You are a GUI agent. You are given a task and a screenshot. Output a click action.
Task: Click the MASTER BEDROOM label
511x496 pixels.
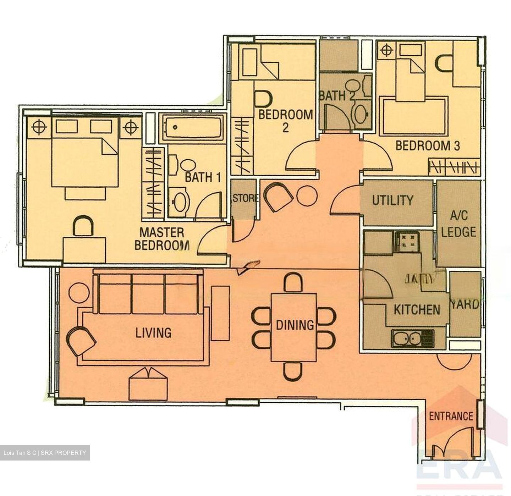(x=161, y=239)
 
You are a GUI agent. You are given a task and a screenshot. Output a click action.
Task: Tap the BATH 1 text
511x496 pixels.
(x=203, y=177)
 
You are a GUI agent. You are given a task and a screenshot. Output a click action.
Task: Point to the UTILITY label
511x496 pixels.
(x=392, y=200)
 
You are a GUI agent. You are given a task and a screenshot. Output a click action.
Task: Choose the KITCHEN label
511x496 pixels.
(x=417, y=310)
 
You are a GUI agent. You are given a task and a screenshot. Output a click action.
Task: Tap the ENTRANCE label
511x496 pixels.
(x=451, y=416)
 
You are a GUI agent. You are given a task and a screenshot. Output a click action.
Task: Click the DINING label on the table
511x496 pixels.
(x=295, y=325)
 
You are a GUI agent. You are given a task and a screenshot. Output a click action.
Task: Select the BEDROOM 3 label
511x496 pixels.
(x=428, y=145)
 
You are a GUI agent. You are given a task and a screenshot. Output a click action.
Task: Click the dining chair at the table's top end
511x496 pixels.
(x=293, y=282)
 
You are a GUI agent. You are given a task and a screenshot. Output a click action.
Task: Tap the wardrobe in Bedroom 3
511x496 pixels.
(x=454, y=167)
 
